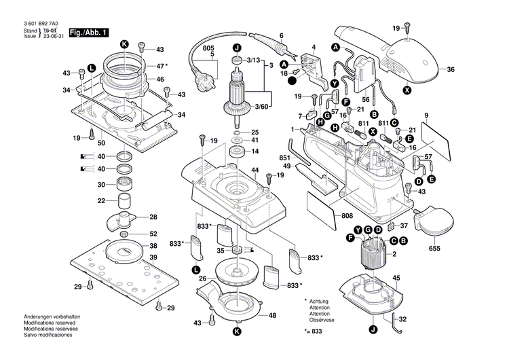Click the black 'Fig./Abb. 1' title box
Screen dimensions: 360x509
coord(87,33)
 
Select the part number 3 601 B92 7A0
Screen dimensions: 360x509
coord(41,24)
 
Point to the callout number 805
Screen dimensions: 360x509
coord(208,49)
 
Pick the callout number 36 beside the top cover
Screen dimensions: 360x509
coord(451,69)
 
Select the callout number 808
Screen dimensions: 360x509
coord(347,217)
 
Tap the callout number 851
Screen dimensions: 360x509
coord(284,158)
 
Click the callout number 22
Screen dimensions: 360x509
coord(100,201)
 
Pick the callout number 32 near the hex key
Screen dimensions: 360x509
coord(402,319)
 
